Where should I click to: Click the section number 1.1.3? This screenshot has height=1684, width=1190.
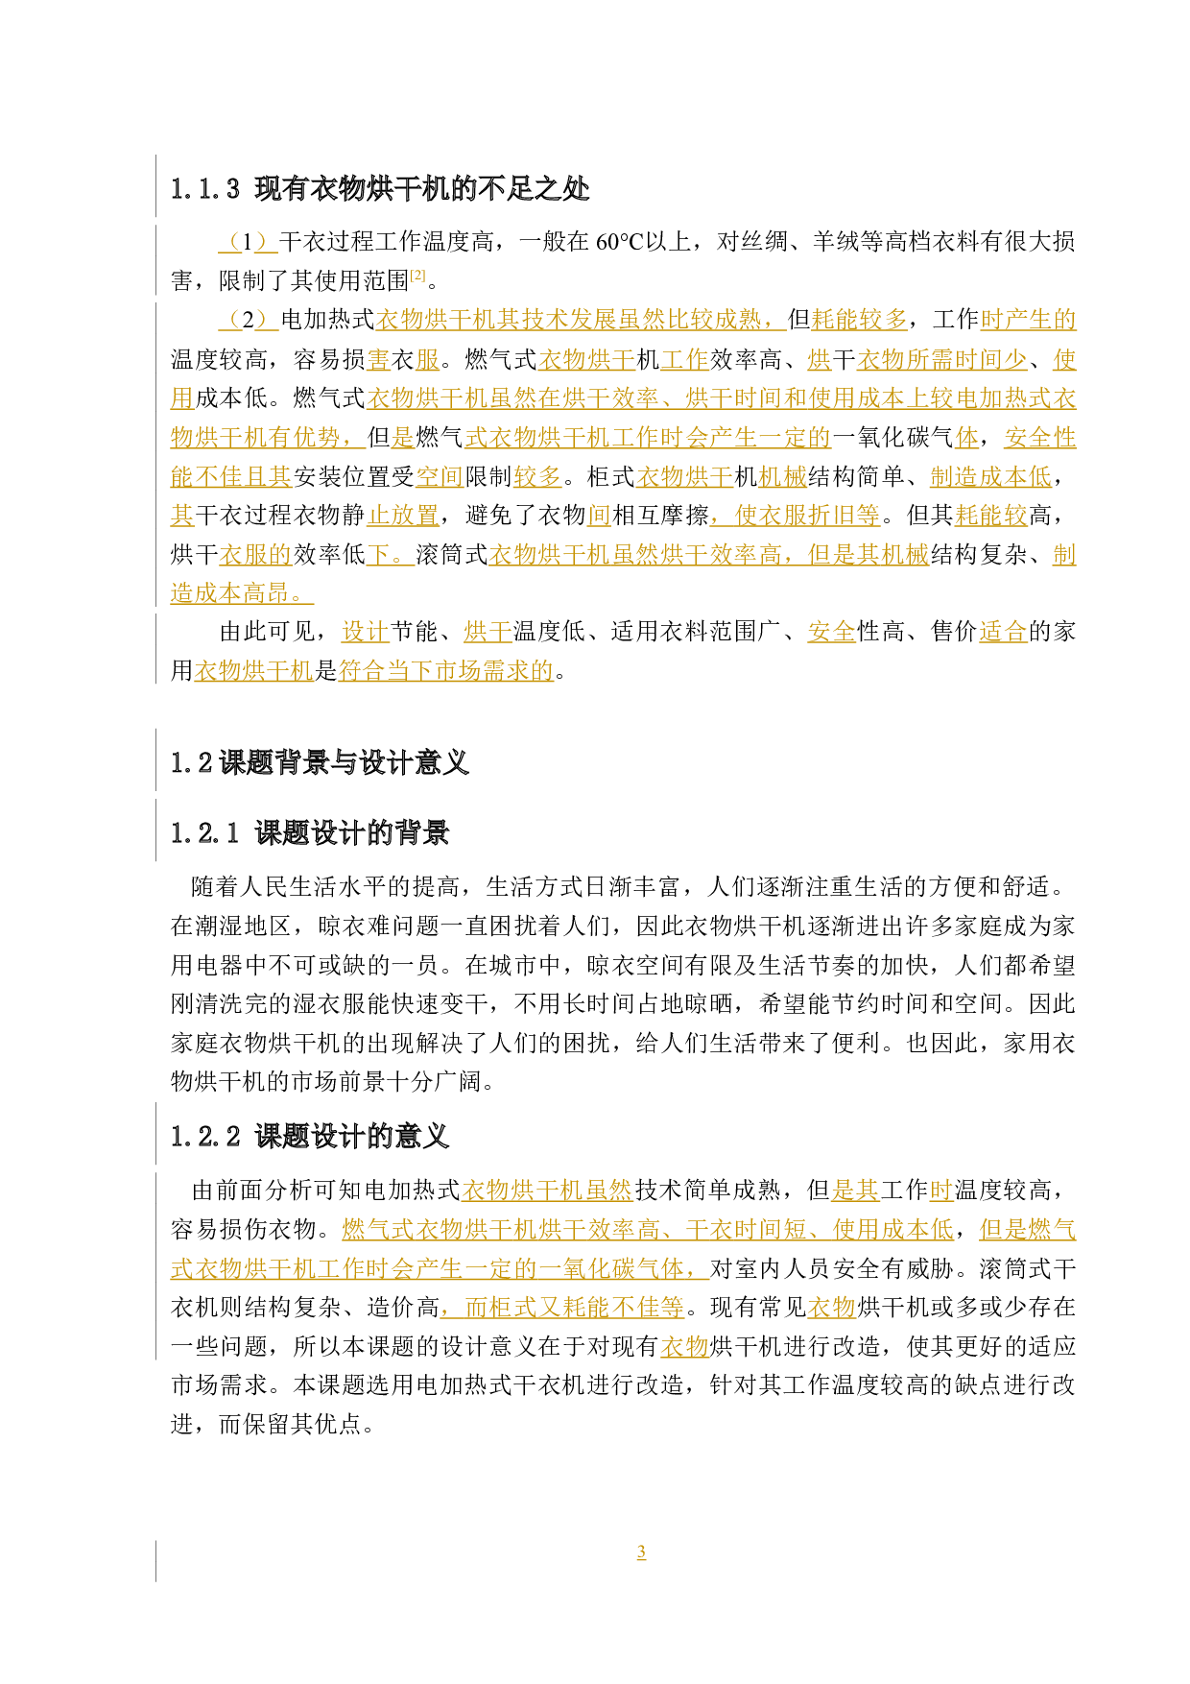click(205, 189)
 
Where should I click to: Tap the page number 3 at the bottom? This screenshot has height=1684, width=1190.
click(641, 1552)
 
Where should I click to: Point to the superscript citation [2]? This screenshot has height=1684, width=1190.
click(418, 276)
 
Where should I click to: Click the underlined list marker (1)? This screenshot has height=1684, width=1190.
click(248, 242)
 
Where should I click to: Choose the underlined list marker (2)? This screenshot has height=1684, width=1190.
click(248, 320)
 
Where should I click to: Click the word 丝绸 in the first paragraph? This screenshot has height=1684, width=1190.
click(765, 242)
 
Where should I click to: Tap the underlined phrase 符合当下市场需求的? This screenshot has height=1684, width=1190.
click(446, 670)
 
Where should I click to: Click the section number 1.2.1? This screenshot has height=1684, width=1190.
click(205, 833)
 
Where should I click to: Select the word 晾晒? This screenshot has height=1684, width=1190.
click(710, 1004)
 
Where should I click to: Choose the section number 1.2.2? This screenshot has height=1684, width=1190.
click(205, 1138)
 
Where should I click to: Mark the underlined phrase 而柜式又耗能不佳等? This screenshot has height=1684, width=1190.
click(562, 1308)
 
